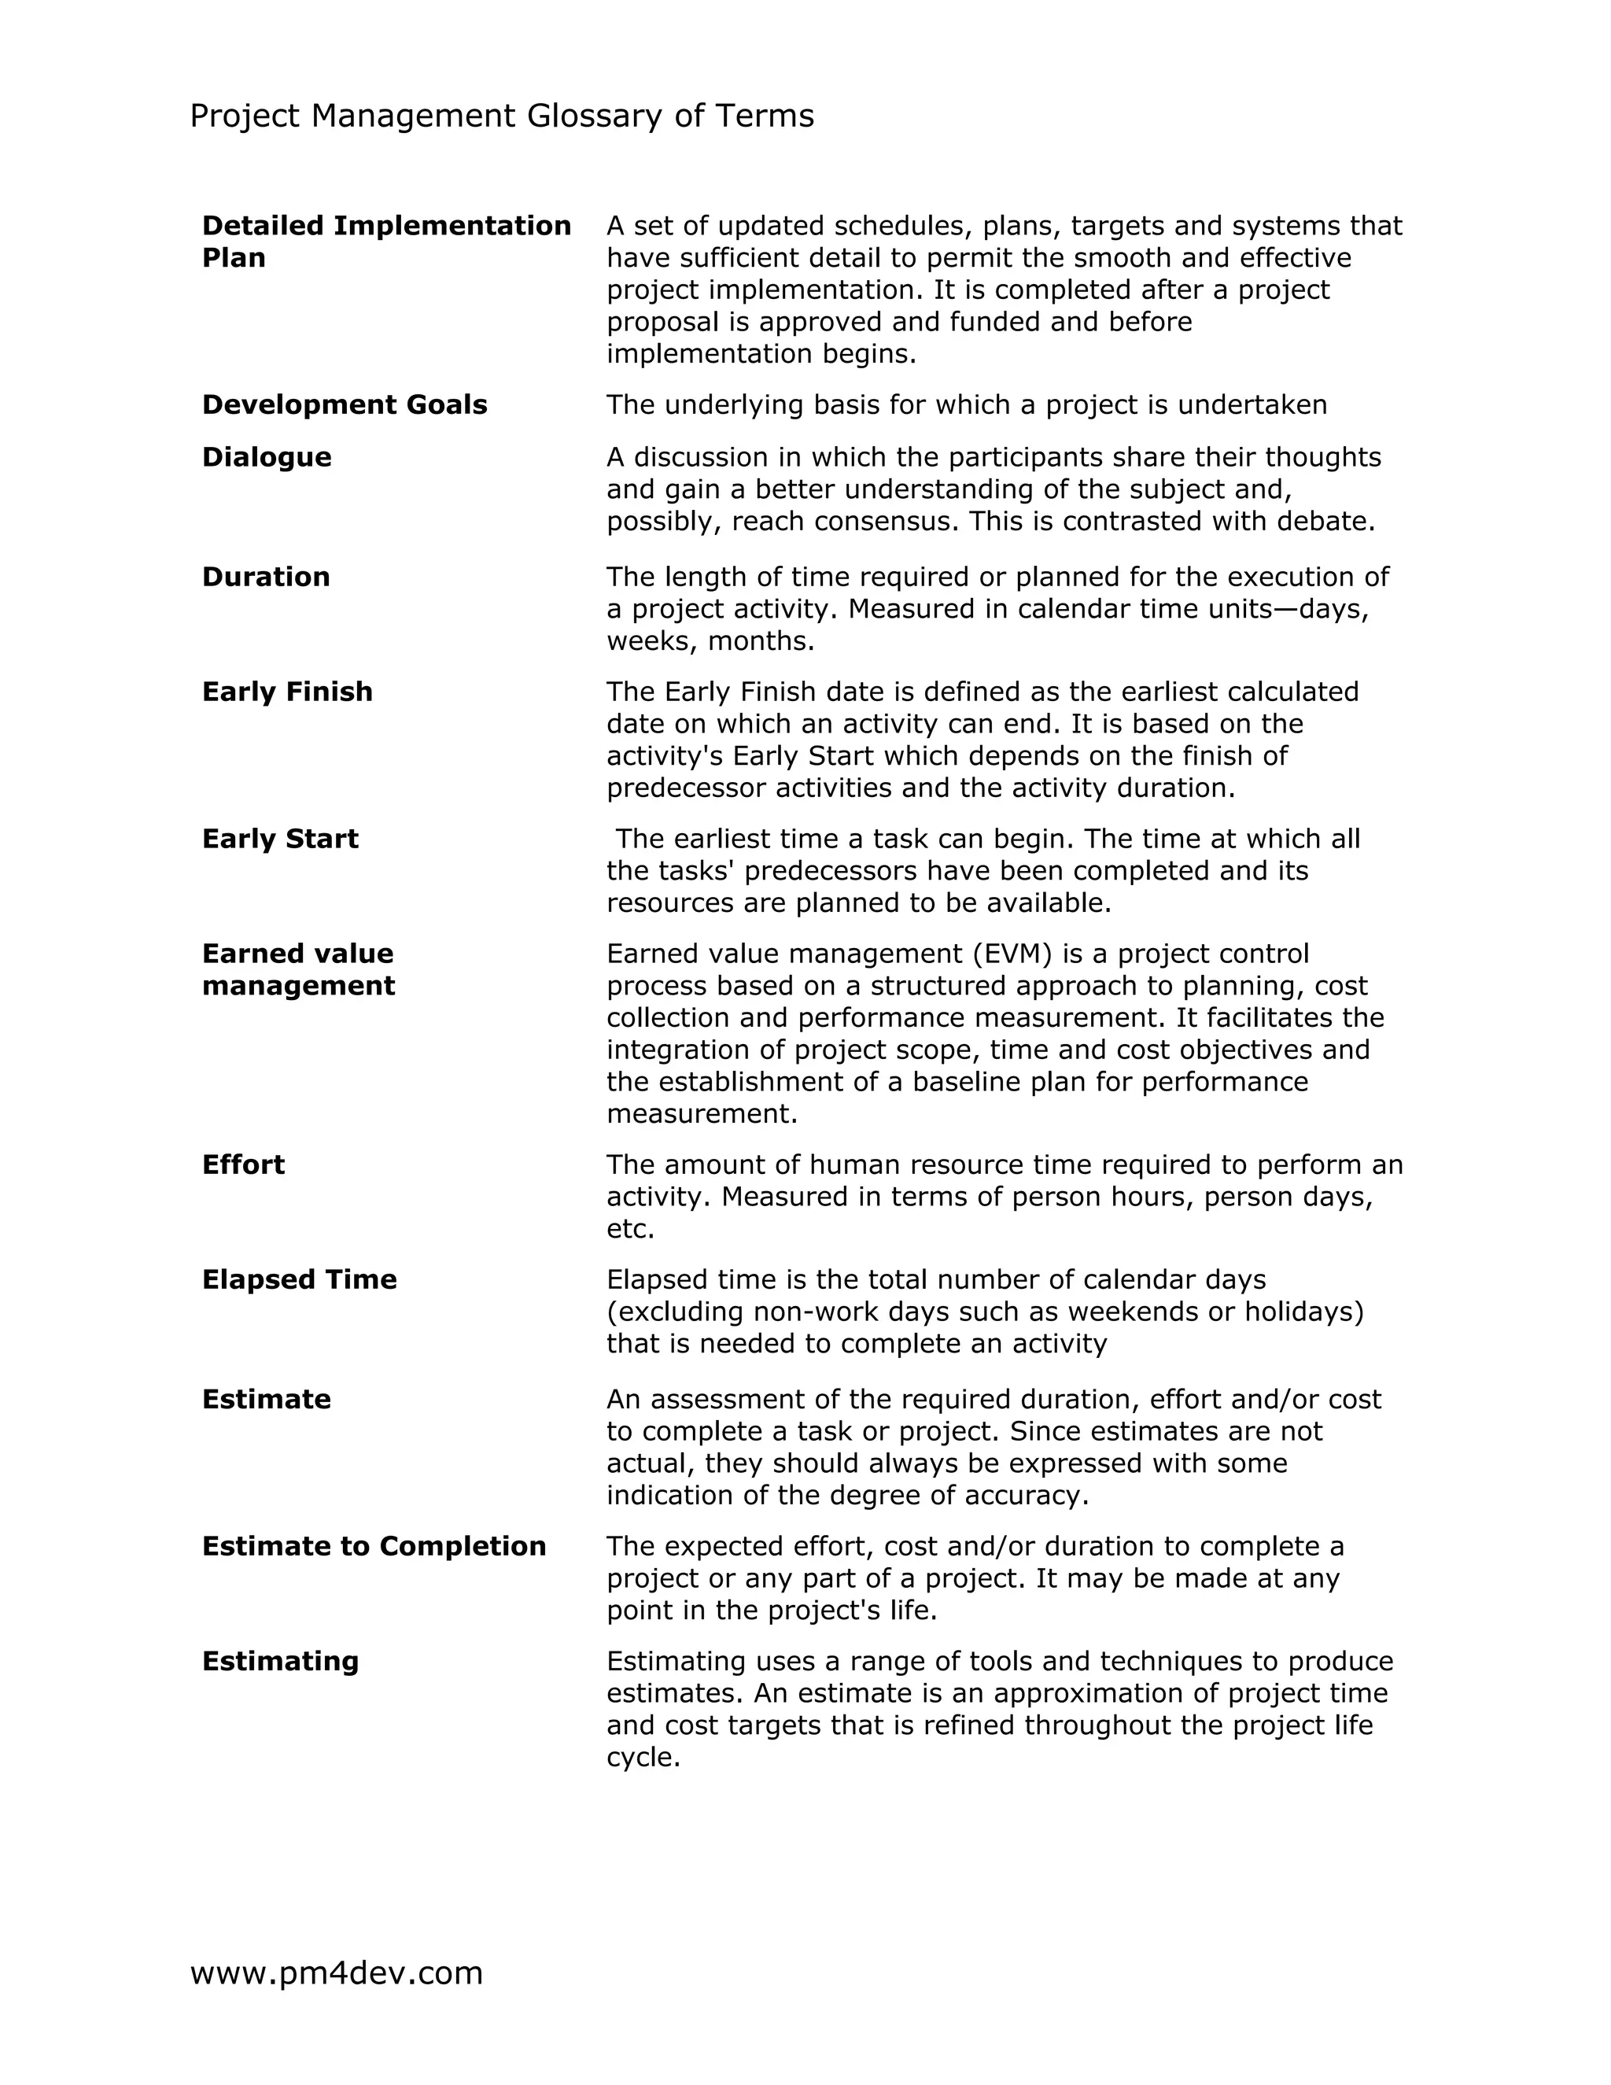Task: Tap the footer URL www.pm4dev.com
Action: coord(336,1972)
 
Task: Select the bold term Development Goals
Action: coord(344,404)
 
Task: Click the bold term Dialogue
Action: coord(267,457)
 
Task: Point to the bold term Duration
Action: coord(265,577)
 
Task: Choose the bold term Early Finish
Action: coord(286,691)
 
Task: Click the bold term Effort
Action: coord(242,1164)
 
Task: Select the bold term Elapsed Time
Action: coord(299,1279)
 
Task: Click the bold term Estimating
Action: coord(279,1661)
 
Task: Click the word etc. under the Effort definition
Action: coord(630,1229)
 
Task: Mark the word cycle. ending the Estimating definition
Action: coord(643,1758)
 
